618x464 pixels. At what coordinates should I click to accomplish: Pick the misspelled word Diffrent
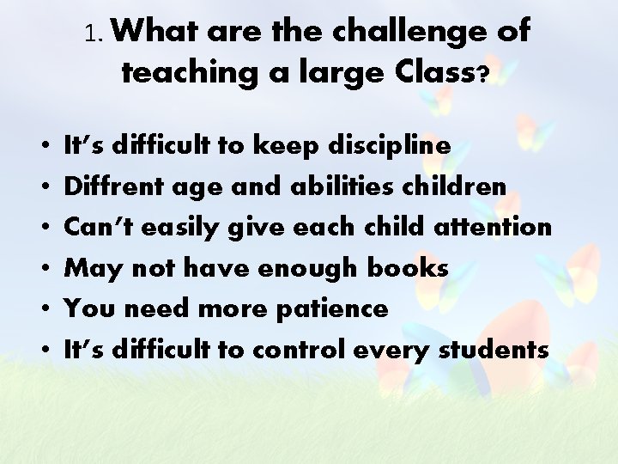click(107, 186)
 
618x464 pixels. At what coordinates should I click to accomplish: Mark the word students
click(494, 349)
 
